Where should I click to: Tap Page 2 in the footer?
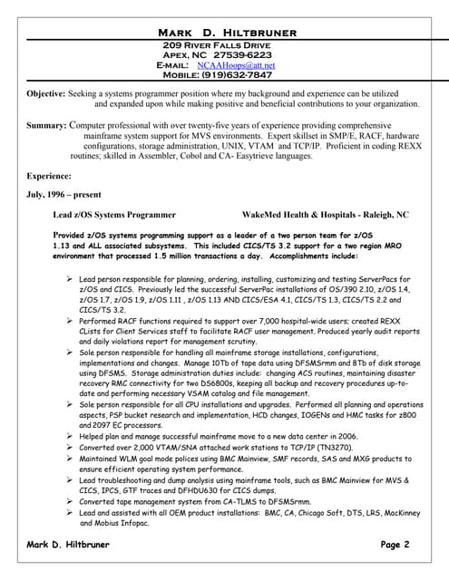pos(395,545)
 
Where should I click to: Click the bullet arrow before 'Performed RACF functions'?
pos(71,321)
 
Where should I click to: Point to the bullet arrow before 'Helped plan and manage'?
pos(71,436)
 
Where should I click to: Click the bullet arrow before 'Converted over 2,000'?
pos(71,448)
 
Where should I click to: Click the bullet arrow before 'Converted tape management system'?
pos(71,501)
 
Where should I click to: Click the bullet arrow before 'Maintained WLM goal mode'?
pos(71,459)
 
